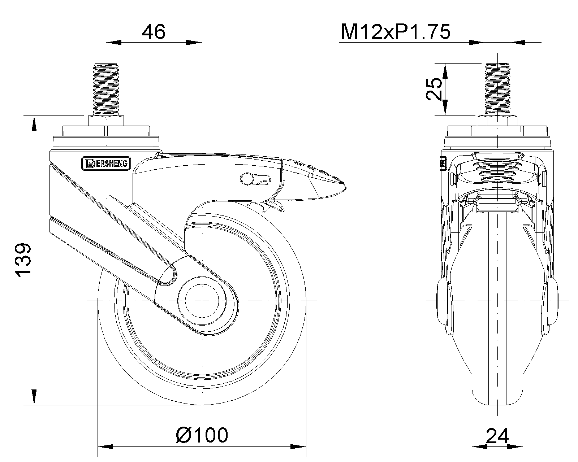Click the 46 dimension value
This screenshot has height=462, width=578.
[154, 32]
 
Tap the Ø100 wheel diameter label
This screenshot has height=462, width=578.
[202, 435]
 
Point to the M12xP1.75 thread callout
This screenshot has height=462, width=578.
[396, 32]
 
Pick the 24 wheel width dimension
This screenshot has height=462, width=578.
[497, 436]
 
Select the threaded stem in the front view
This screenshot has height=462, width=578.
[497, 88]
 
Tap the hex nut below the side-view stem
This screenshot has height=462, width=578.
[106, 120]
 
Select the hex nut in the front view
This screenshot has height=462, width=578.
[497, 120]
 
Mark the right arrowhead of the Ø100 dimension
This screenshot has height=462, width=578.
[299, 446]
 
